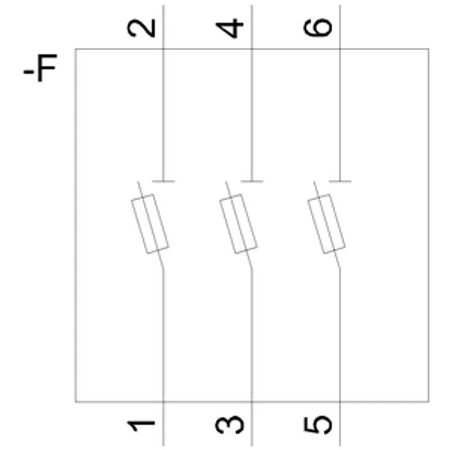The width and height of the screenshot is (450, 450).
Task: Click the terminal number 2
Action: pyautogui.click(x=141, y=28)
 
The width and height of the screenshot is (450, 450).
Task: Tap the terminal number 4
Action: pyautogui.click(x=229, y=28)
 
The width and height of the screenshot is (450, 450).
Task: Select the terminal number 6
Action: pyautogui.click(x=318, y=28)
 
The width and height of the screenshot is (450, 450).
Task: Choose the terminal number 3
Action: pyautogui.click(x=229, y=425)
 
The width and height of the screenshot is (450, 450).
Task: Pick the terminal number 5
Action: pyautogui.click(x=318, y=425)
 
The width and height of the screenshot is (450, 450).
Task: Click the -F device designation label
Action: pyautogui.click(x=40, y=67)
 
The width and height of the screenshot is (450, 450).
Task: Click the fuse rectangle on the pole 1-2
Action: pyautogui.click(x=150, y=224)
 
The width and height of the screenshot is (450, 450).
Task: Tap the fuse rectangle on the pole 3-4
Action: pyautogui.click(x=238, y=224)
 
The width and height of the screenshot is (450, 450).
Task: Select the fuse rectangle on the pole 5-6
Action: pyautogui.click(x=327, y=224)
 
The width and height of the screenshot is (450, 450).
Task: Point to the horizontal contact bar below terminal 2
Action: pyautogui.click(x=163, y=181)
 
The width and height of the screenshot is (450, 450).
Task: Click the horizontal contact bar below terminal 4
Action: pyautogui.click(x=251, y=181)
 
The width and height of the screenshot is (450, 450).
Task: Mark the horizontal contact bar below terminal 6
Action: pyautogui.click(x=340, y=181)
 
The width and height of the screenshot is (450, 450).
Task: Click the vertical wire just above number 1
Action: pyautogui.click(x=163, y=335)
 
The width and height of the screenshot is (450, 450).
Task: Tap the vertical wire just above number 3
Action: pyautogui.click(x=251, y=335)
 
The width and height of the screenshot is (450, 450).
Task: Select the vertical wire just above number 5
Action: pyautogui.click(x=340, y=335)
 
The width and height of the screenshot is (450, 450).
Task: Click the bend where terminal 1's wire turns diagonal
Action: pyautogui.click(x=163, y=269)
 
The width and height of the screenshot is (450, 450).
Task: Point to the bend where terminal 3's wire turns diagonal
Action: pyautogui.click(x=251, y=269)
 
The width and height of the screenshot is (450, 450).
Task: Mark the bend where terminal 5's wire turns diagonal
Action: pyautogui.click(x=340, y=269)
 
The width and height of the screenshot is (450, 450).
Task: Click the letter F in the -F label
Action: pyautogui.click(x=47, y=67)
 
